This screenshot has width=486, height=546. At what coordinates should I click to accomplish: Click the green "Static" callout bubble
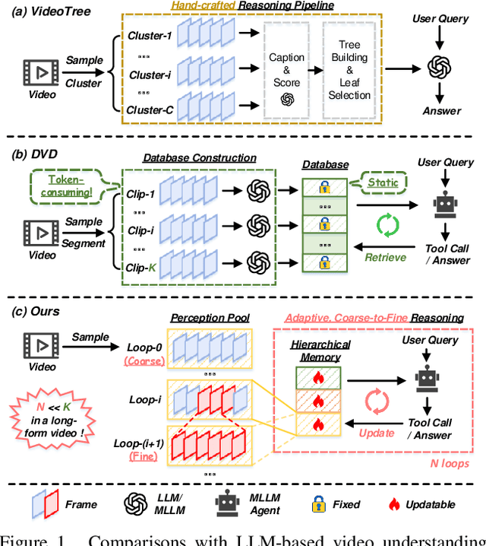click(x=382, y=183)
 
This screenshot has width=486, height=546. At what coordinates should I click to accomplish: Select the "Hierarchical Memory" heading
click(x=320, y=351)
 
